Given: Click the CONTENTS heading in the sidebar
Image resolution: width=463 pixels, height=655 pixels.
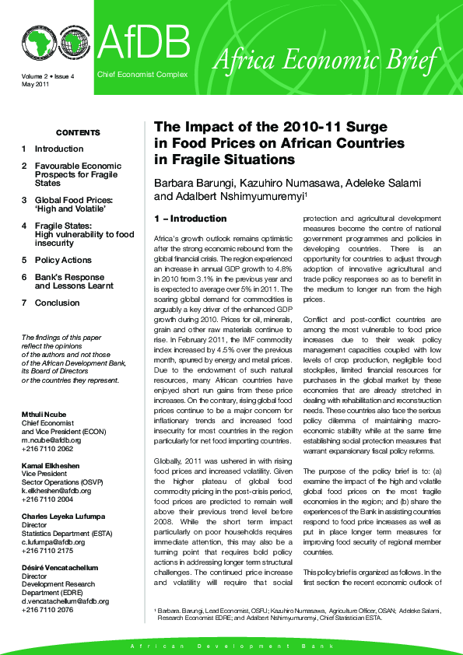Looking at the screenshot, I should [x=78, y=133].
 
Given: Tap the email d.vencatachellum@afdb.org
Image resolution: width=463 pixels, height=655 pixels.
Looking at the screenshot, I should [x=65, y=601].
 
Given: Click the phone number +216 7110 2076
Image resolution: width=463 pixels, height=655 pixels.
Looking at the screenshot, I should [x=47, y=610].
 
